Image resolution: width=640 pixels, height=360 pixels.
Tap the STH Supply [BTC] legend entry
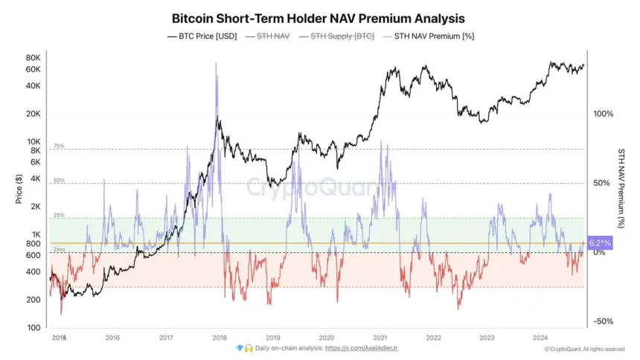342,36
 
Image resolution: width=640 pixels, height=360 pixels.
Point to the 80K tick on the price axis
32,58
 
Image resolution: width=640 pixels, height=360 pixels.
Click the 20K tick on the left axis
32,114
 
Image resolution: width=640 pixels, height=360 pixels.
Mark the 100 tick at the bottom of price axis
33,328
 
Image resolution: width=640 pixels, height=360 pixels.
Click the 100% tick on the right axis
603,114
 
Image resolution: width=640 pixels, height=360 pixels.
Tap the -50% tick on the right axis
603,321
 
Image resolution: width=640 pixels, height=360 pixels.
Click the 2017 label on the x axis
166,337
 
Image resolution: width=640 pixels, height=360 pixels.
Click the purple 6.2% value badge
600,243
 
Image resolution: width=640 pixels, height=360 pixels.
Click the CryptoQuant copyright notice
584,349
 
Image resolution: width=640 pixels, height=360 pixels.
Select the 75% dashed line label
59,146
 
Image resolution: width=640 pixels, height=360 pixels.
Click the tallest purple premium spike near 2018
216,64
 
